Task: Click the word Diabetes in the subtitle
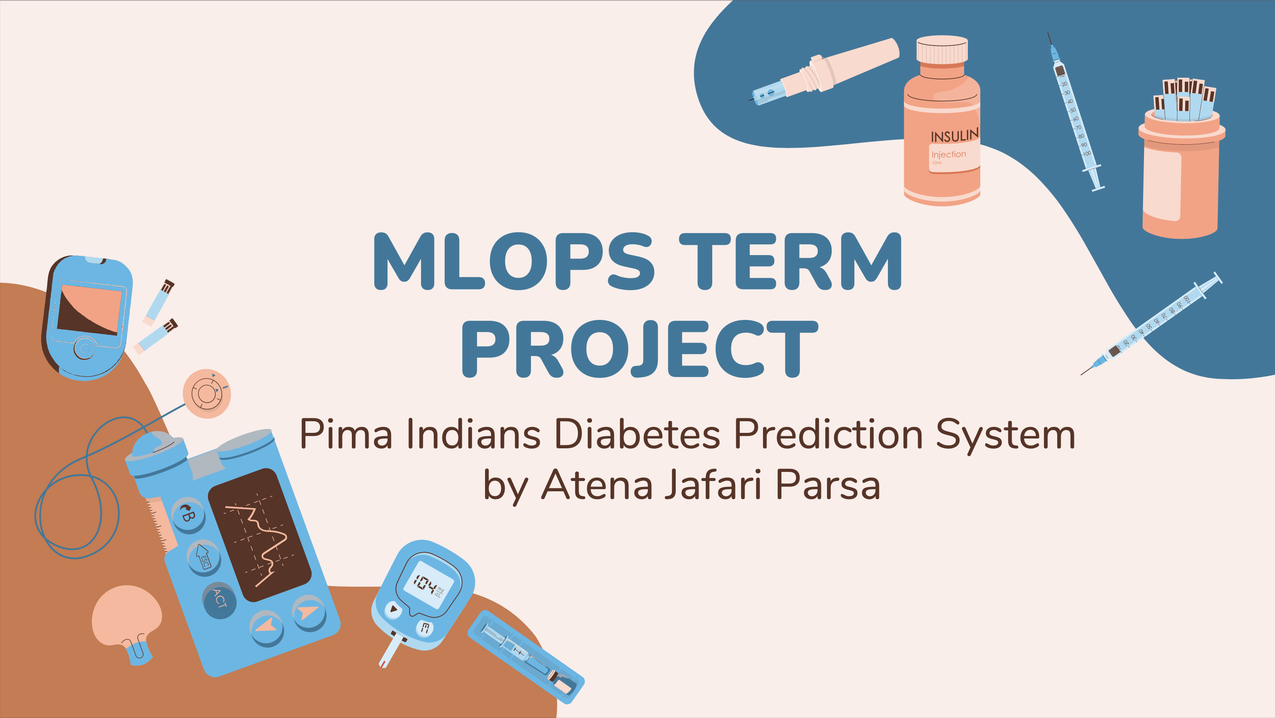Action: pos(637,434)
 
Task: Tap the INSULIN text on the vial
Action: pos(954,136)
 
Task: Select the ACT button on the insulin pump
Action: pos(219,600)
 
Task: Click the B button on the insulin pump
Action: pos(188,514)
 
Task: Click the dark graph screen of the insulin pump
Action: pos(260,534)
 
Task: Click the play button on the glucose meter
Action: pos(393,609)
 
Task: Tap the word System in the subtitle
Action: pos(1005,434)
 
